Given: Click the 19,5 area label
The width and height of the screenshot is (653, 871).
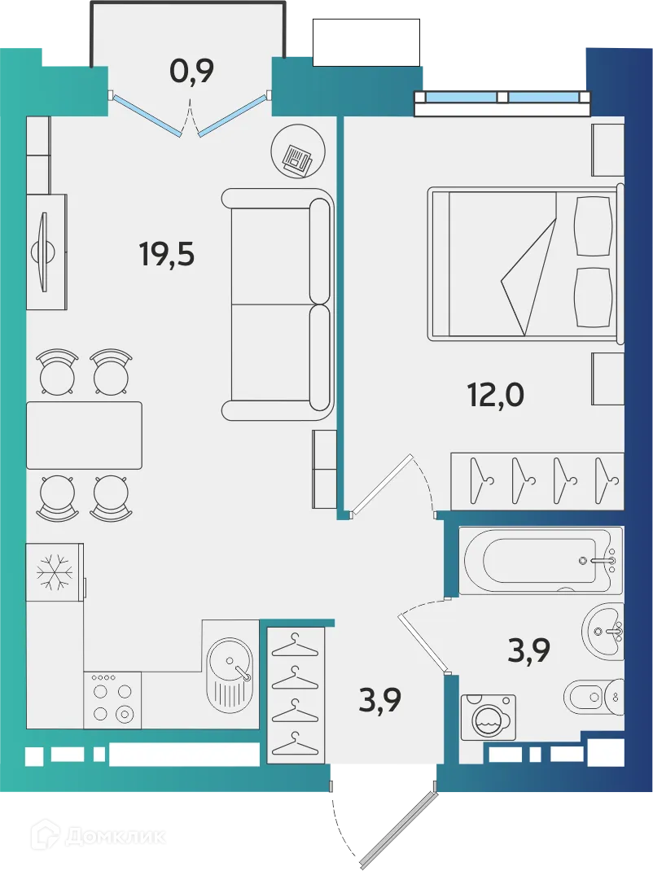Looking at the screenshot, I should (167, 255).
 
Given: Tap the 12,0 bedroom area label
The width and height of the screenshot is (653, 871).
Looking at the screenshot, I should (495, 395).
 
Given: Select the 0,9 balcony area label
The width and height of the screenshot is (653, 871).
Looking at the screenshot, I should (191, 72).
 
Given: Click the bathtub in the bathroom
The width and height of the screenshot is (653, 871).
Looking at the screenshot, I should (540, 562).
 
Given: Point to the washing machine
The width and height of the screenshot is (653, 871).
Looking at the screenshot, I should (488, 717).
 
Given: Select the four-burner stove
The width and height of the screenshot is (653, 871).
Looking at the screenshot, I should (112, 700).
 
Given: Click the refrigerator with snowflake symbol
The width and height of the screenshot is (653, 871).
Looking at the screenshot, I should (54, 572).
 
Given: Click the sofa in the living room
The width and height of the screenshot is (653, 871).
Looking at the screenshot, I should (277, 304).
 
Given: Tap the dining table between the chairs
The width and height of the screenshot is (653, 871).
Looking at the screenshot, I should (84, 435).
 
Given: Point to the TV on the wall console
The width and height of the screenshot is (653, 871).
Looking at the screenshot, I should (43, 252).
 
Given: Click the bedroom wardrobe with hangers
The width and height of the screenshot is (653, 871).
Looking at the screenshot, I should (537, 479).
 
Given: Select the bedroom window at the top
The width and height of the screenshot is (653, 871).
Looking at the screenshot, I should (501, 98).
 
